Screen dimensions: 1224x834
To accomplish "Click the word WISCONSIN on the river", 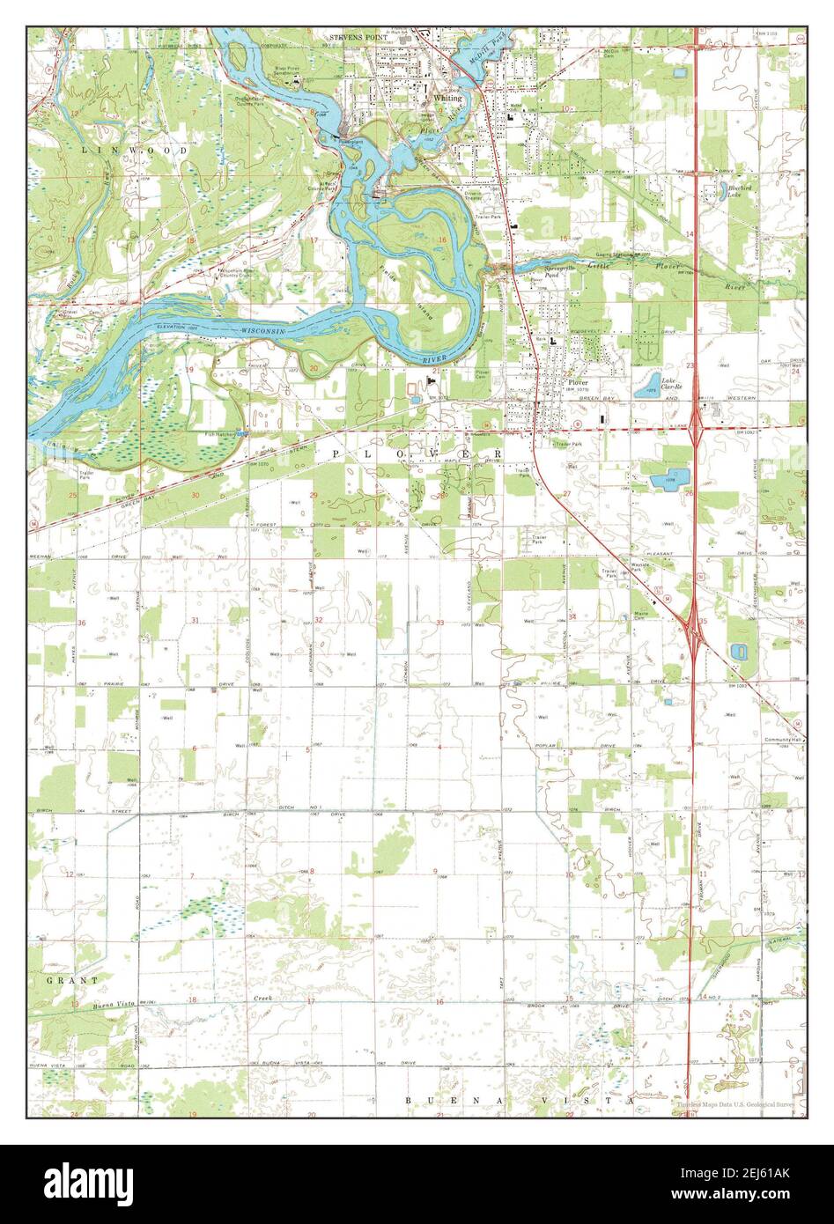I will click(x=268, y=328).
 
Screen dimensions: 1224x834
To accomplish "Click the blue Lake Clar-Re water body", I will click(x=647, y=383).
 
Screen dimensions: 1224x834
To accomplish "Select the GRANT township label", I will click(x=61, y=979).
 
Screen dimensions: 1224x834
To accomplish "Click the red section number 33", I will click(x=439, y=623).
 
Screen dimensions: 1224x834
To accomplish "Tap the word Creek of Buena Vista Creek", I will click(x=261, y=999).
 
